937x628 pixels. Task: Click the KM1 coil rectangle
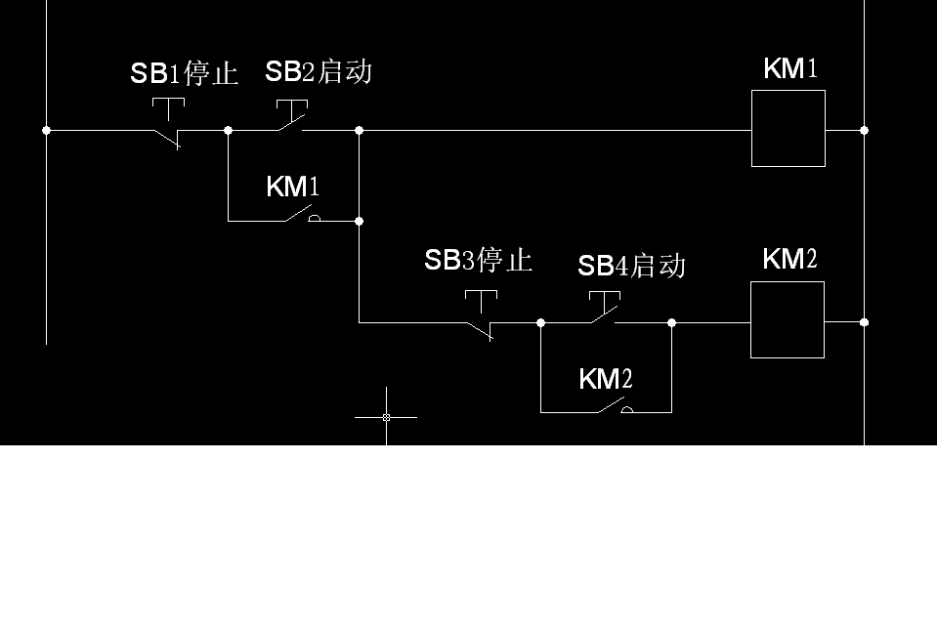[788, 128]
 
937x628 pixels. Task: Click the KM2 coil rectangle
[788, 319]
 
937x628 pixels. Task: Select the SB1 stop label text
[185, 74]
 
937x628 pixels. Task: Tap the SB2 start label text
[319, 71]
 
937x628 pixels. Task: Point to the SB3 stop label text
[478, 260]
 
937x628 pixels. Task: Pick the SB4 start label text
[631, 265]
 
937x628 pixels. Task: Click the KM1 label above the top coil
[789, 68]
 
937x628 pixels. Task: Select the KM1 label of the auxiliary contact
[292, 187]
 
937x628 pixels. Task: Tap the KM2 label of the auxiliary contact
[605, 379]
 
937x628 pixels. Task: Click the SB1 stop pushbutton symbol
[168, 125]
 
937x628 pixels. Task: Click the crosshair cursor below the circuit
[386, 417]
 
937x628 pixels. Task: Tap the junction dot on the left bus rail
[46, 130]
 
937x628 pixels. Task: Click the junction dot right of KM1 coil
[864, 130]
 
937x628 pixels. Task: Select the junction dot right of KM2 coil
[864, 321]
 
